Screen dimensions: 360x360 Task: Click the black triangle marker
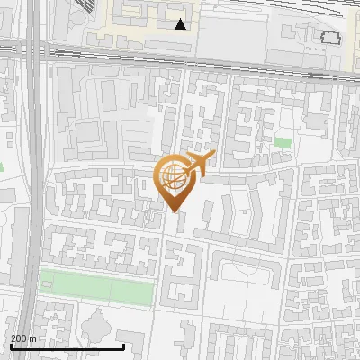[182, 24]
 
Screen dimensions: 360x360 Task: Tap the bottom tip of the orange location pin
[173, 211]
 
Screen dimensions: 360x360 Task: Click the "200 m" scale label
[23, 338]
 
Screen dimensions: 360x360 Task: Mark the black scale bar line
[67, 346]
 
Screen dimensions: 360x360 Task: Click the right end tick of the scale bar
[123, 346]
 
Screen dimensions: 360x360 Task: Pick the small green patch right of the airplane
[283, 142]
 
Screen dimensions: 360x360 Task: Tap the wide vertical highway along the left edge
[33, 180]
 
